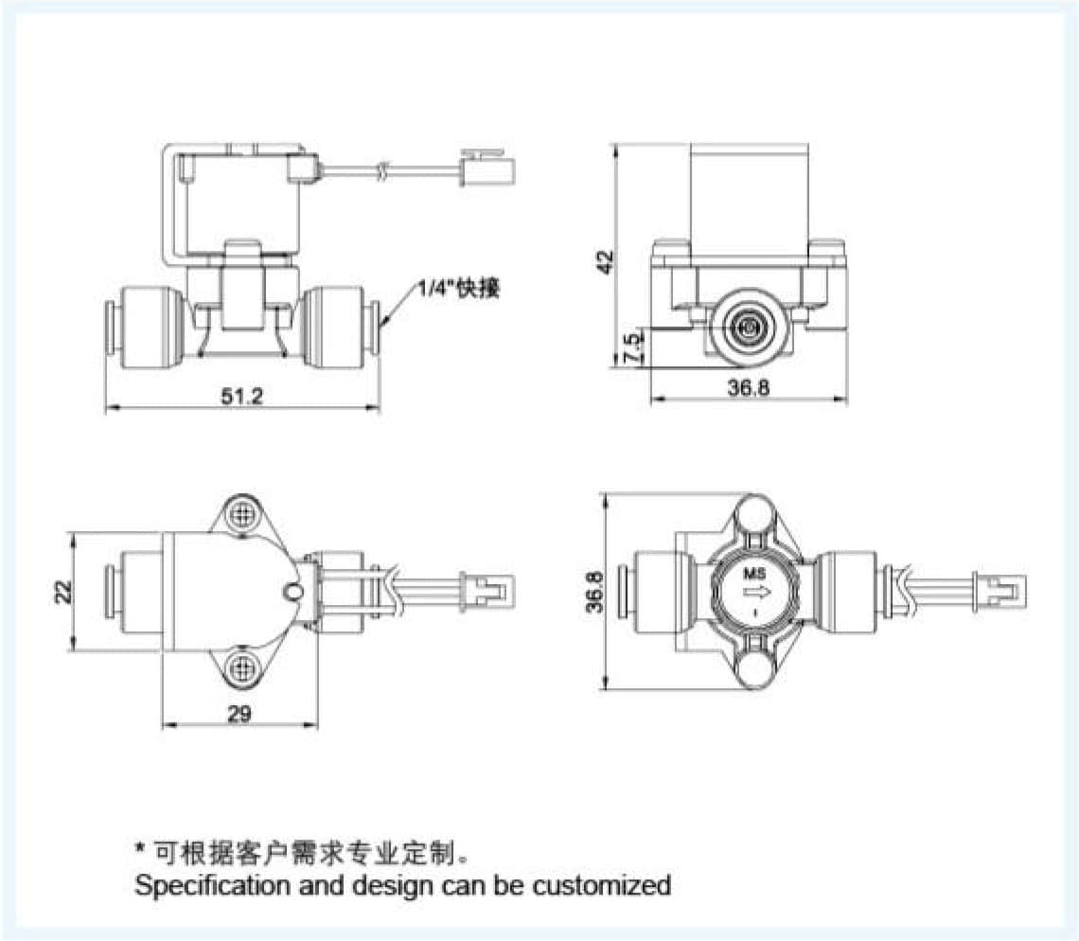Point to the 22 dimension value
pyautogui.click(x=61, y=592)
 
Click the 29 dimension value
pyautogui.click(x=239, y=714)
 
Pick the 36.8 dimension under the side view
pyautogui.click(x=749, y=389)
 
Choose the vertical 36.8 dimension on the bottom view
pyautogui.click(x=593, y=592)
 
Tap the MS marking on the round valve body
pyautogui.click(x=754, y=573)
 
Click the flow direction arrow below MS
pyautogui.click(x=754, y=594)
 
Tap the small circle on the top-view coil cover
pyautogui.click(x=293, y=592)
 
